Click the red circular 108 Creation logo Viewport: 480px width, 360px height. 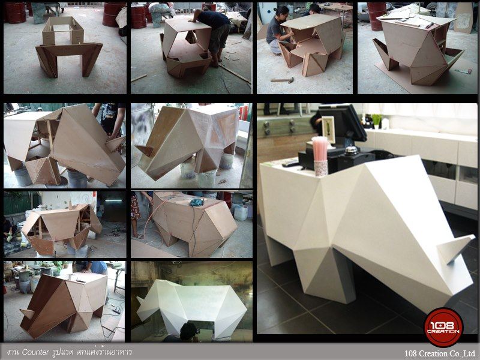pos(443,328)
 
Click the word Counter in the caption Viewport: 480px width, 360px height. pos(35,352)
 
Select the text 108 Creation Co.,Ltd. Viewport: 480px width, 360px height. pos(440,353)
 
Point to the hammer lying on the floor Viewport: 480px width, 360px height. pos(282,80)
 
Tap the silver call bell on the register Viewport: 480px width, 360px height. pos(351,151)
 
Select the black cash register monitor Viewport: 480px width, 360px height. pos(343,122)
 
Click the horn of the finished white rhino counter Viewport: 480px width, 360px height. pos(455,248)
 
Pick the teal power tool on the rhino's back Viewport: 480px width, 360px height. pos(197,202)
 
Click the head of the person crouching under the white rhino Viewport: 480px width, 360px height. pos(188,331)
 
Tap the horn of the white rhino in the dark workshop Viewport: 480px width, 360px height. pos(140,301)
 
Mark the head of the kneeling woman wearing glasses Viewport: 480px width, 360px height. pos(283,13)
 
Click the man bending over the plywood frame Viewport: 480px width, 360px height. pos(213,33)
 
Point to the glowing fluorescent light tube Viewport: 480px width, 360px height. pos(113,200)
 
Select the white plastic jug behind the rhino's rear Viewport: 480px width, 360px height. pos(241,212)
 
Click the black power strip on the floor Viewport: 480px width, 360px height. pos(116,311)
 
